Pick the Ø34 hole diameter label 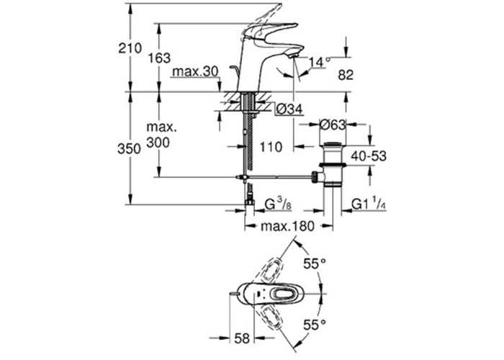290,109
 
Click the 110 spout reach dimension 269,148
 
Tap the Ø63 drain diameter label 334,125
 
